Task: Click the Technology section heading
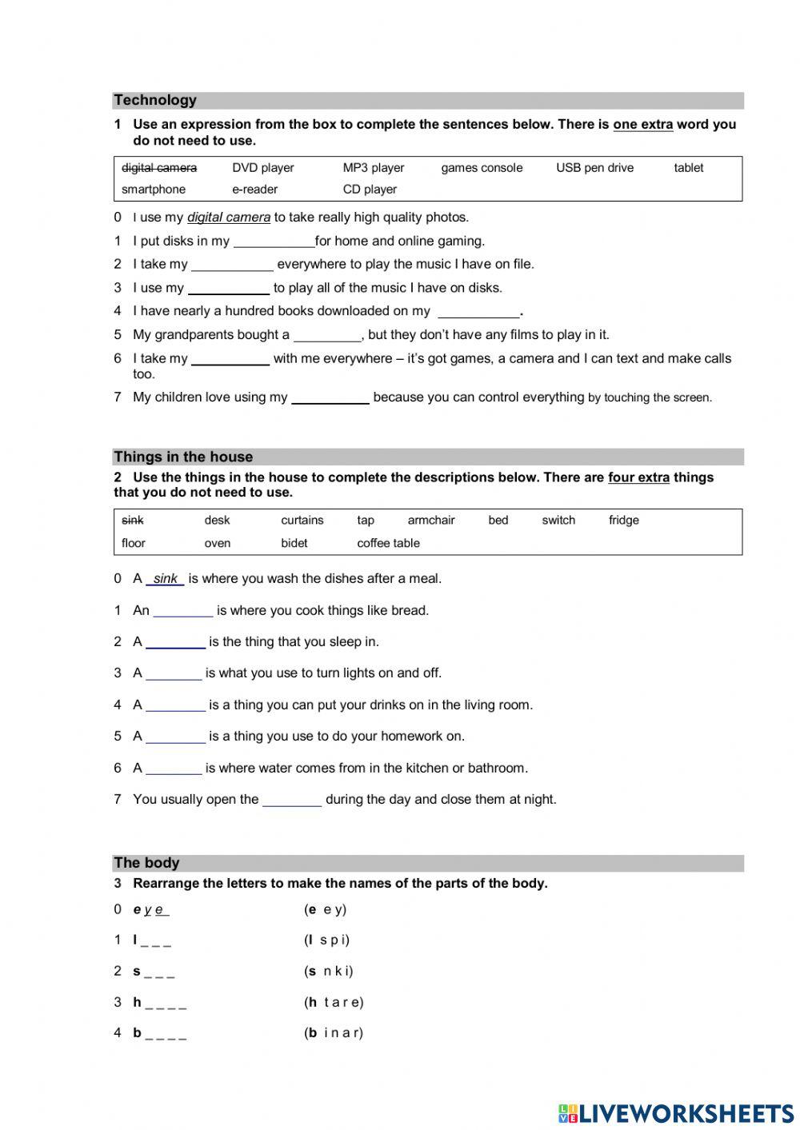click(155, 100)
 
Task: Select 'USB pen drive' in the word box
click(594, 168)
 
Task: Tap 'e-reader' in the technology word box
click(254, 190)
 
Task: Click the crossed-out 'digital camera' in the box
click(158, 168)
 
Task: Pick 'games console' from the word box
click(482, 168)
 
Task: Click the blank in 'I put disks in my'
click(274, 242)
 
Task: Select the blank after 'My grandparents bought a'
click(327, 335)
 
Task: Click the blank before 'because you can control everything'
click(330, 398)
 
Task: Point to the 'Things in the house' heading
click(183, 457)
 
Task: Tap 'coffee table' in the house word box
click(388, 543)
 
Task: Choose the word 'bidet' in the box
click(294, 543)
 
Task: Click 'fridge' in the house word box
click(623, 520)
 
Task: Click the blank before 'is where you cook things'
click(182, 611)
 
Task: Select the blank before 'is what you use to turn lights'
click(174, 674)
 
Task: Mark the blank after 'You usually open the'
click(292, 800)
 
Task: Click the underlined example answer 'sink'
click(165, 579)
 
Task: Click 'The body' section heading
click(146, 863)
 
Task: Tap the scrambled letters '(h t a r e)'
click(334, 1002)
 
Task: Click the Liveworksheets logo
click(676, 1113)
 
